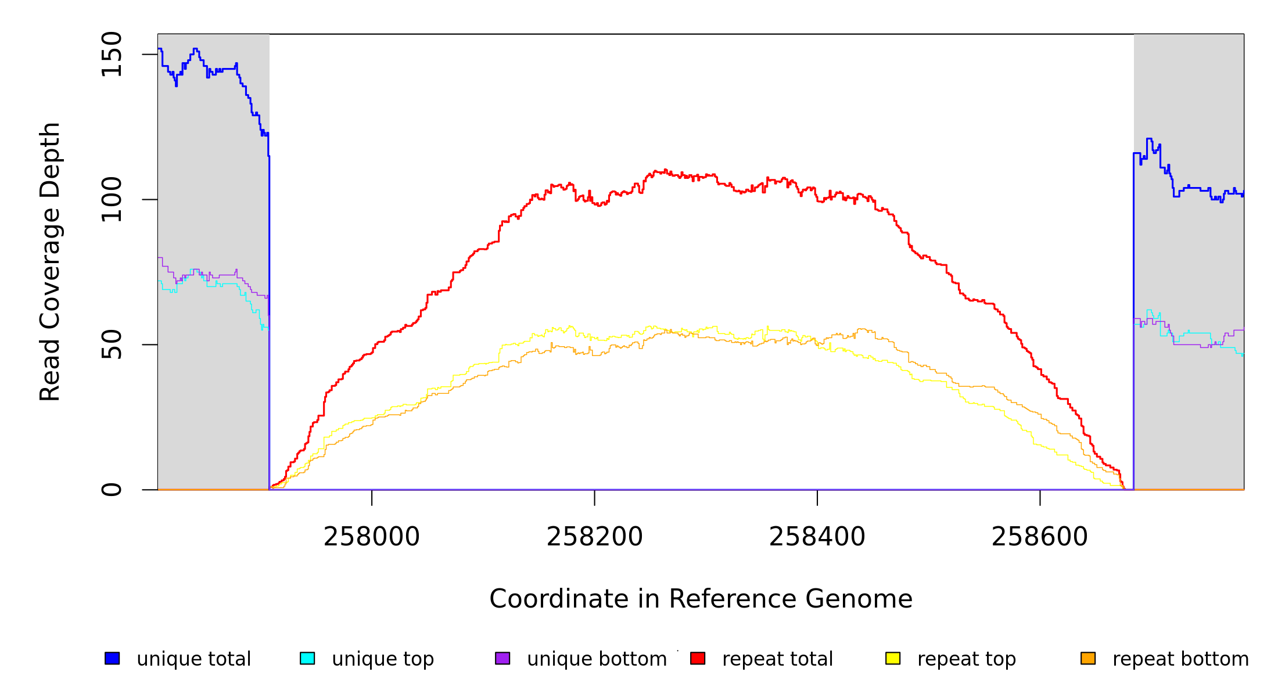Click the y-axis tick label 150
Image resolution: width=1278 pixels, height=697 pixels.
tap(112, 54)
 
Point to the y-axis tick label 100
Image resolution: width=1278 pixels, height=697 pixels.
tap(112, 199)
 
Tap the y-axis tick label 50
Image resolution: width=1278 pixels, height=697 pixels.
tap(112, 344)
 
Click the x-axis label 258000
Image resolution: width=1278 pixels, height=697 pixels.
tap(372, 537)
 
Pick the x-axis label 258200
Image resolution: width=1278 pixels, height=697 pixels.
tap(594, 537)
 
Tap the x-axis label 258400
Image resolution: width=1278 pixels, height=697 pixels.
tap(817, 537)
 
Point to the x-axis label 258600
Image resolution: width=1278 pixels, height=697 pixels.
tap(1039, 537)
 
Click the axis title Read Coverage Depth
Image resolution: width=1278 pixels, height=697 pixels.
tap(50, 261)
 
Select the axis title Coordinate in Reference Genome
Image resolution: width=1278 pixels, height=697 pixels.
tap(701, 599)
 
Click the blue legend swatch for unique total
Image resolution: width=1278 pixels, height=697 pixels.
tap(112, 658)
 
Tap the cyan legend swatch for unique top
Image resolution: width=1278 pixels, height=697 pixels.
tap(307, 658)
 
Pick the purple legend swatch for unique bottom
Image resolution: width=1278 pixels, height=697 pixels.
tap(502, 658)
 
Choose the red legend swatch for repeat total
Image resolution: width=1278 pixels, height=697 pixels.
tap(698, 658)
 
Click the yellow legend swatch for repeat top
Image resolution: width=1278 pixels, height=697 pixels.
tap(893, 658)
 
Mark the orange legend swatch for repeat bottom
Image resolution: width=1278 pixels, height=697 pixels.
tap(1088, 658)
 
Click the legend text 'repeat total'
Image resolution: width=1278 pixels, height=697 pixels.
tap(777, 659)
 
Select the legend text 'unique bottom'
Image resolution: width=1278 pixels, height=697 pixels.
tap(597, 659)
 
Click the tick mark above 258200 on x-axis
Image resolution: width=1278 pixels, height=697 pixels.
tap(594, 497)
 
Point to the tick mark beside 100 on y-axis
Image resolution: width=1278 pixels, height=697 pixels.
tap(150, 199)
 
